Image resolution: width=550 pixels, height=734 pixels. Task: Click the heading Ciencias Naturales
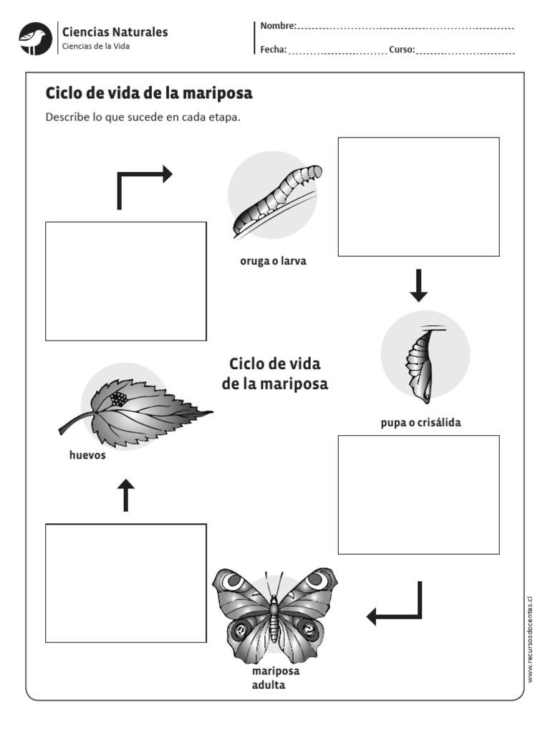(115, 32)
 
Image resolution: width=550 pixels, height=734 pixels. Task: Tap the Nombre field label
(278, 26)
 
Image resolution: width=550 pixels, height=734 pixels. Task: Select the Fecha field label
(274, 49)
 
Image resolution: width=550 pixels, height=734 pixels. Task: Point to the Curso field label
(402, 49)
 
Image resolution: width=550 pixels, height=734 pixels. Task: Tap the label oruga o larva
(273, 261)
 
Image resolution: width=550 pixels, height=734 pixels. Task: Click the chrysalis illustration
(422, 362)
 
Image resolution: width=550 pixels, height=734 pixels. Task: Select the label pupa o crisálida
(420, 422)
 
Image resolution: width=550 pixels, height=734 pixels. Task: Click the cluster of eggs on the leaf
(118, 398)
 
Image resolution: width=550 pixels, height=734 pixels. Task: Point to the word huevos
(87, 455)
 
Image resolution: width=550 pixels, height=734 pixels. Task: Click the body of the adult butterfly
(274, 616)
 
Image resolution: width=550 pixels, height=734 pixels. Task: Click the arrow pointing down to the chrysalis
(418, 285)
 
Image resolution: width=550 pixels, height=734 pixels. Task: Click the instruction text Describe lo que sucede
(143, 117)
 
